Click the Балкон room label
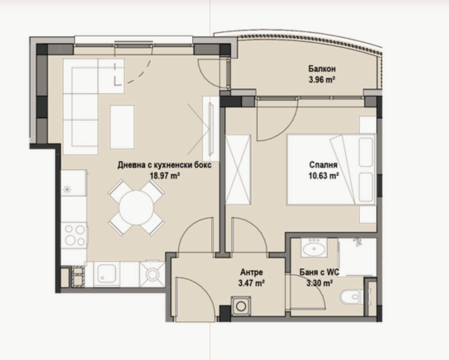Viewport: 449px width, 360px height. point(322,69)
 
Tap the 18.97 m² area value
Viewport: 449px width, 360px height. point(165,176)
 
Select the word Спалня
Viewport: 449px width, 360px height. point(323,165)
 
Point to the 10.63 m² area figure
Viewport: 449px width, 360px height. point(323,176)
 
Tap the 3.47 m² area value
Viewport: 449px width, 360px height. point(251,283)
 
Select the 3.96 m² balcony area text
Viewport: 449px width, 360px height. point(322,80)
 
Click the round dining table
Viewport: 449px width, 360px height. point(136,207)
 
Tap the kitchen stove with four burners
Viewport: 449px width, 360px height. point(74,235)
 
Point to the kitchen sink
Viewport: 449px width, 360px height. point(107,274)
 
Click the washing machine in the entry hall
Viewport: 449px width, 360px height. point(241,306)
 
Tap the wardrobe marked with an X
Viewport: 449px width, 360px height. point(238,170)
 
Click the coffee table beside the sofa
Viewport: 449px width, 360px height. point(122,127)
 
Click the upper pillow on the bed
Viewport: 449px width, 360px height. point(366,152)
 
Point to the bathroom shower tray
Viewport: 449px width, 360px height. point(357,257)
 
